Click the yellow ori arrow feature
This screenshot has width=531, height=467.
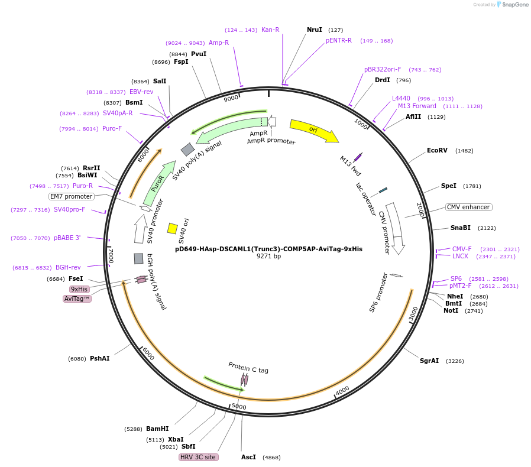click(x=314, y=131)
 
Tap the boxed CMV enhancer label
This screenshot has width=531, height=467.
click(x=469, y=207)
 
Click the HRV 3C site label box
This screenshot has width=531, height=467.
click(x=199, y=458)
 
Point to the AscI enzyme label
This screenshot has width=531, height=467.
click(x=248, y=458)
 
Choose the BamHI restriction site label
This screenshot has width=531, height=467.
click(x=157, y=429)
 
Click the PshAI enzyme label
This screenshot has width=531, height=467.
click(x=100, y=359)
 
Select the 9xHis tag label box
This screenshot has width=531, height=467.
click(x=79, y=289)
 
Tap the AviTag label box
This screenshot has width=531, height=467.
click(x=77, y=299)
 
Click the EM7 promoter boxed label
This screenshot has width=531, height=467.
click(x=71, y=196)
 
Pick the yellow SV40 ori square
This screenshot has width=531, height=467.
click(x=173, y=228)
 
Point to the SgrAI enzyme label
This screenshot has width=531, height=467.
click(x=429, y=361)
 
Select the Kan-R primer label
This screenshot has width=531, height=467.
click(x=270, y=30)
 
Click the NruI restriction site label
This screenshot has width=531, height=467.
click(x=315, y=30)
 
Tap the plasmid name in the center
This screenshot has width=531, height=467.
click(x=268, y=249)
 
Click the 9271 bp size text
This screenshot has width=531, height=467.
click(x=268, y=257)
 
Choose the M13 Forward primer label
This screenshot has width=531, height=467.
click(x=417, y=106)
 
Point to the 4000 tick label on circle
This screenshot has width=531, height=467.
click(x=342, y=390)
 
